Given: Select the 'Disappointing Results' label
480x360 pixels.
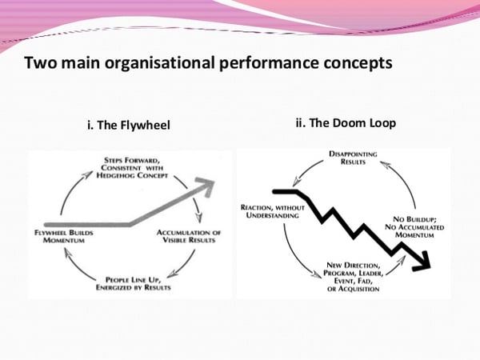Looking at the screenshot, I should click(342, 158).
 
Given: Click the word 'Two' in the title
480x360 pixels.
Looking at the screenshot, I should click(39, 62).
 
